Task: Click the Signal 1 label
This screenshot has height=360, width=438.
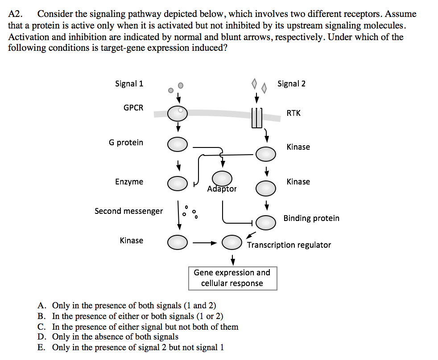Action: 129,84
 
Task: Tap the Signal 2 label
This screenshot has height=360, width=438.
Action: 291,84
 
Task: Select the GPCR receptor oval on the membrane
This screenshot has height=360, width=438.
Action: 178,114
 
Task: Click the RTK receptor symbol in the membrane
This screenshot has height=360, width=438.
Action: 256,118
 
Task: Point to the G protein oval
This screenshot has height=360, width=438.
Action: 178,144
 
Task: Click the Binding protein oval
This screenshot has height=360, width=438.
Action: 266,222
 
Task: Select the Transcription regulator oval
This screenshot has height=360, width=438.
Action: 232,242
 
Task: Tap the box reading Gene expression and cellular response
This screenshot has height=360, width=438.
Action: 232,278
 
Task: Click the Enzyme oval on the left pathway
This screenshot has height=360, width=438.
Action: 178,182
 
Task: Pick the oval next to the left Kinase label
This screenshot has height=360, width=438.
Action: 178,242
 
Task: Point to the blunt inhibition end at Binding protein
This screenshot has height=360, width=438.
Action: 253,222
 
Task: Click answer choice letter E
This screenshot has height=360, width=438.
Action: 41,348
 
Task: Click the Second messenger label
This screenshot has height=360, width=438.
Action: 128,211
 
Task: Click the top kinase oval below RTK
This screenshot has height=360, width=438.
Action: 266,154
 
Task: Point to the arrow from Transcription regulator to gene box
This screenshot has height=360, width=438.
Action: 232,259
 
